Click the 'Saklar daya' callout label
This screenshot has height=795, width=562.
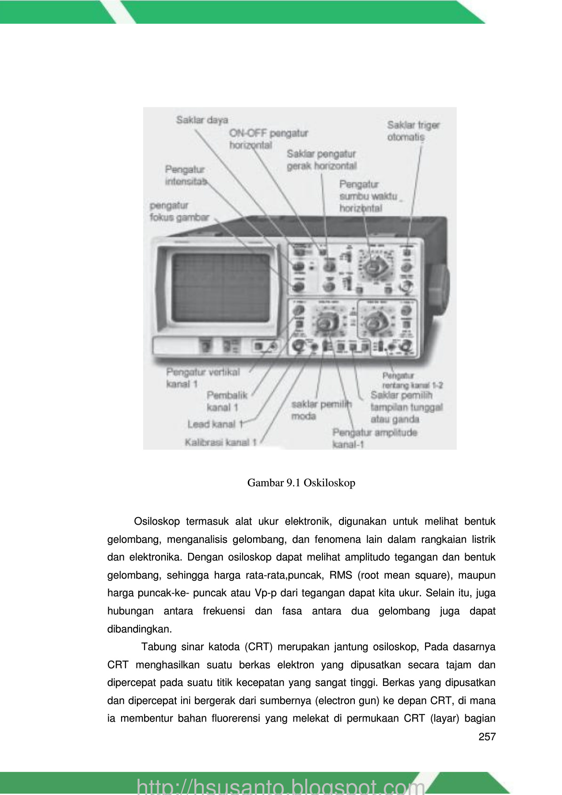coord(202,120)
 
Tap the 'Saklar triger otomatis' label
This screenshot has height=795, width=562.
coord(413,131)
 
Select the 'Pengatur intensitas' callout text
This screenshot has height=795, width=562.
coord(185,175)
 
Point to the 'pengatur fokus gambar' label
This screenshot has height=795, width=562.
coord(179,211)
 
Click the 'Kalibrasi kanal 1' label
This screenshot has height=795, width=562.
coord(220,442)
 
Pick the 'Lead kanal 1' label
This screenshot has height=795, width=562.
coord(215,424)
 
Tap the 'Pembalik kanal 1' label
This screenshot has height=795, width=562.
coord(226,401)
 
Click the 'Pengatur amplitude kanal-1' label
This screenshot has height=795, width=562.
coord(374,438)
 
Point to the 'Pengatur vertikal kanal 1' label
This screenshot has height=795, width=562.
coord(203,378)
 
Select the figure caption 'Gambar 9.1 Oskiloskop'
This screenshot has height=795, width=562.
coord(301,483)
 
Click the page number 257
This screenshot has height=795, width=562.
coord(487,737)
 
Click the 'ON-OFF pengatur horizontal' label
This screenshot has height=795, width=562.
coord(268,139)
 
